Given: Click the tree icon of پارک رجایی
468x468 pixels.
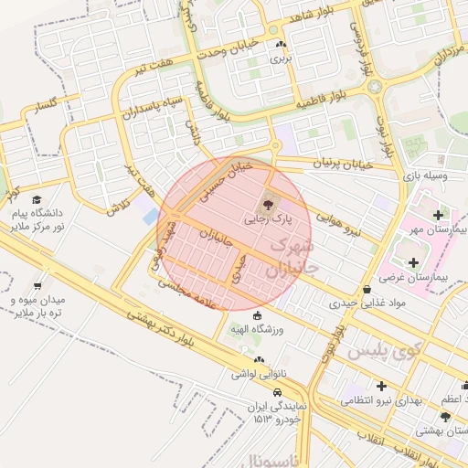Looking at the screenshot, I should point(268,204).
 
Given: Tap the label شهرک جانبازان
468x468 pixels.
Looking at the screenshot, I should point(290,259).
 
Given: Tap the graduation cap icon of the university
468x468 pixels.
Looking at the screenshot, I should point(37,199).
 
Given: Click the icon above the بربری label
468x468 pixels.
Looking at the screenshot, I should point(281,44).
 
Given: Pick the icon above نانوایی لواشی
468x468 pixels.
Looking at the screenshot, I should point(259,359).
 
